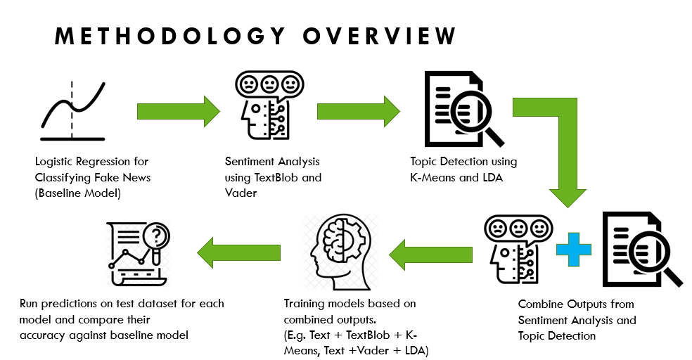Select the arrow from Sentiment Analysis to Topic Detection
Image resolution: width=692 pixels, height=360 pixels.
click(x=359, y=111)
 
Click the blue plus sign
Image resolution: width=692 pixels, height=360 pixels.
click(x=573, y=249)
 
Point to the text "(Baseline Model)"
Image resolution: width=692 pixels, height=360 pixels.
click(x=77, y=193)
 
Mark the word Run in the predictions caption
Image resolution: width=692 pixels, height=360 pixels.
click(x=30, y=304)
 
